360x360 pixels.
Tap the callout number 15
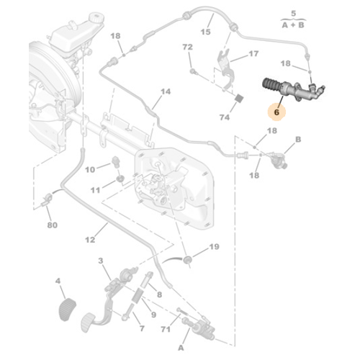coord(205,32)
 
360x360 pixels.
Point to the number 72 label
coord(187,48)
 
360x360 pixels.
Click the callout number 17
coord(253,54)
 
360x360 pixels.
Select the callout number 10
coord(90,170)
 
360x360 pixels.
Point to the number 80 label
coord(52,225)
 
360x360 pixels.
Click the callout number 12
coord(90,240)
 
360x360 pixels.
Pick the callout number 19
coord(214,247)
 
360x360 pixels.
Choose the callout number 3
coord(101,261)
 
